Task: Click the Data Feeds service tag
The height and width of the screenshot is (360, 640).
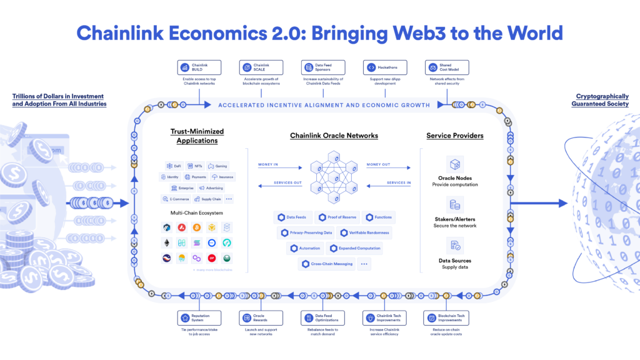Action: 291,217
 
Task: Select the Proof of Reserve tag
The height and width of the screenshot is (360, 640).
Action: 335,217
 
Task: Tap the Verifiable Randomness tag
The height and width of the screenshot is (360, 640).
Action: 364,232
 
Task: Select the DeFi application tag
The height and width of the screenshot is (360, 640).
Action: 174,166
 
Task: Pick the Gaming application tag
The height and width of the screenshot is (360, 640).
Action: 218,166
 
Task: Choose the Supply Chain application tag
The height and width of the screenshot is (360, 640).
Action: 207,199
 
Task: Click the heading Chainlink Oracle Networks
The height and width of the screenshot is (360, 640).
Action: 334,136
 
